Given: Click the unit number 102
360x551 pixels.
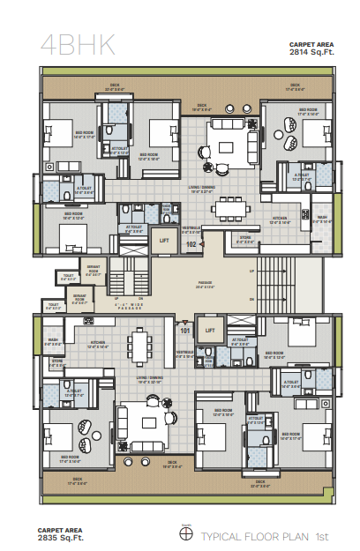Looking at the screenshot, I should point(191,244).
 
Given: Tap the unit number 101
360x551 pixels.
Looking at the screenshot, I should point(185,331).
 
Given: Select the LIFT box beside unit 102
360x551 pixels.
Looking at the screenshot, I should point(164,239).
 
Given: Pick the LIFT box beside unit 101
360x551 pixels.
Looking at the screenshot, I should point(209,331).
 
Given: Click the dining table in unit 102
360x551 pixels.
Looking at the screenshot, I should point(232,210).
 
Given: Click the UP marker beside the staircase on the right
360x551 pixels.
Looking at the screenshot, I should point(252,272).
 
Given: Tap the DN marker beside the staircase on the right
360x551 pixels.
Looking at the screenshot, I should point(252,300).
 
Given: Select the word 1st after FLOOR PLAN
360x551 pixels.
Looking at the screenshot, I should point(322,536).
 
